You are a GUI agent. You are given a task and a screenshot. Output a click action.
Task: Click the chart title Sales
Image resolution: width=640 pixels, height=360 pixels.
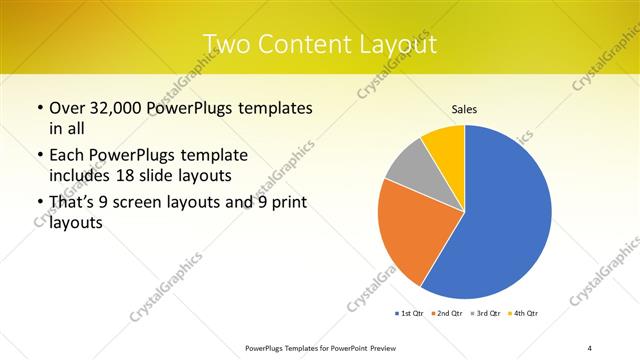464,108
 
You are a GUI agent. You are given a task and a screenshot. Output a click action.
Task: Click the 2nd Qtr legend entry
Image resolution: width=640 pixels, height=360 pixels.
445,314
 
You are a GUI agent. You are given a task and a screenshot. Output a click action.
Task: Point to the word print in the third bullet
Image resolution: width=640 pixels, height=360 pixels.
289,203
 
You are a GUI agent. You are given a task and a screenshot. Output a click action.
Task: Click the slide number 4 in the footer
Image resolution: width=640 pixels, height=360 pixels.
589,347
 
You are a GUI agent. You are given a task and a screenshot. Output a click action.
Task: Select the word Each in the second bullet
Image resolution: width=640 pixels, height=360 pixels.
67,156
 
